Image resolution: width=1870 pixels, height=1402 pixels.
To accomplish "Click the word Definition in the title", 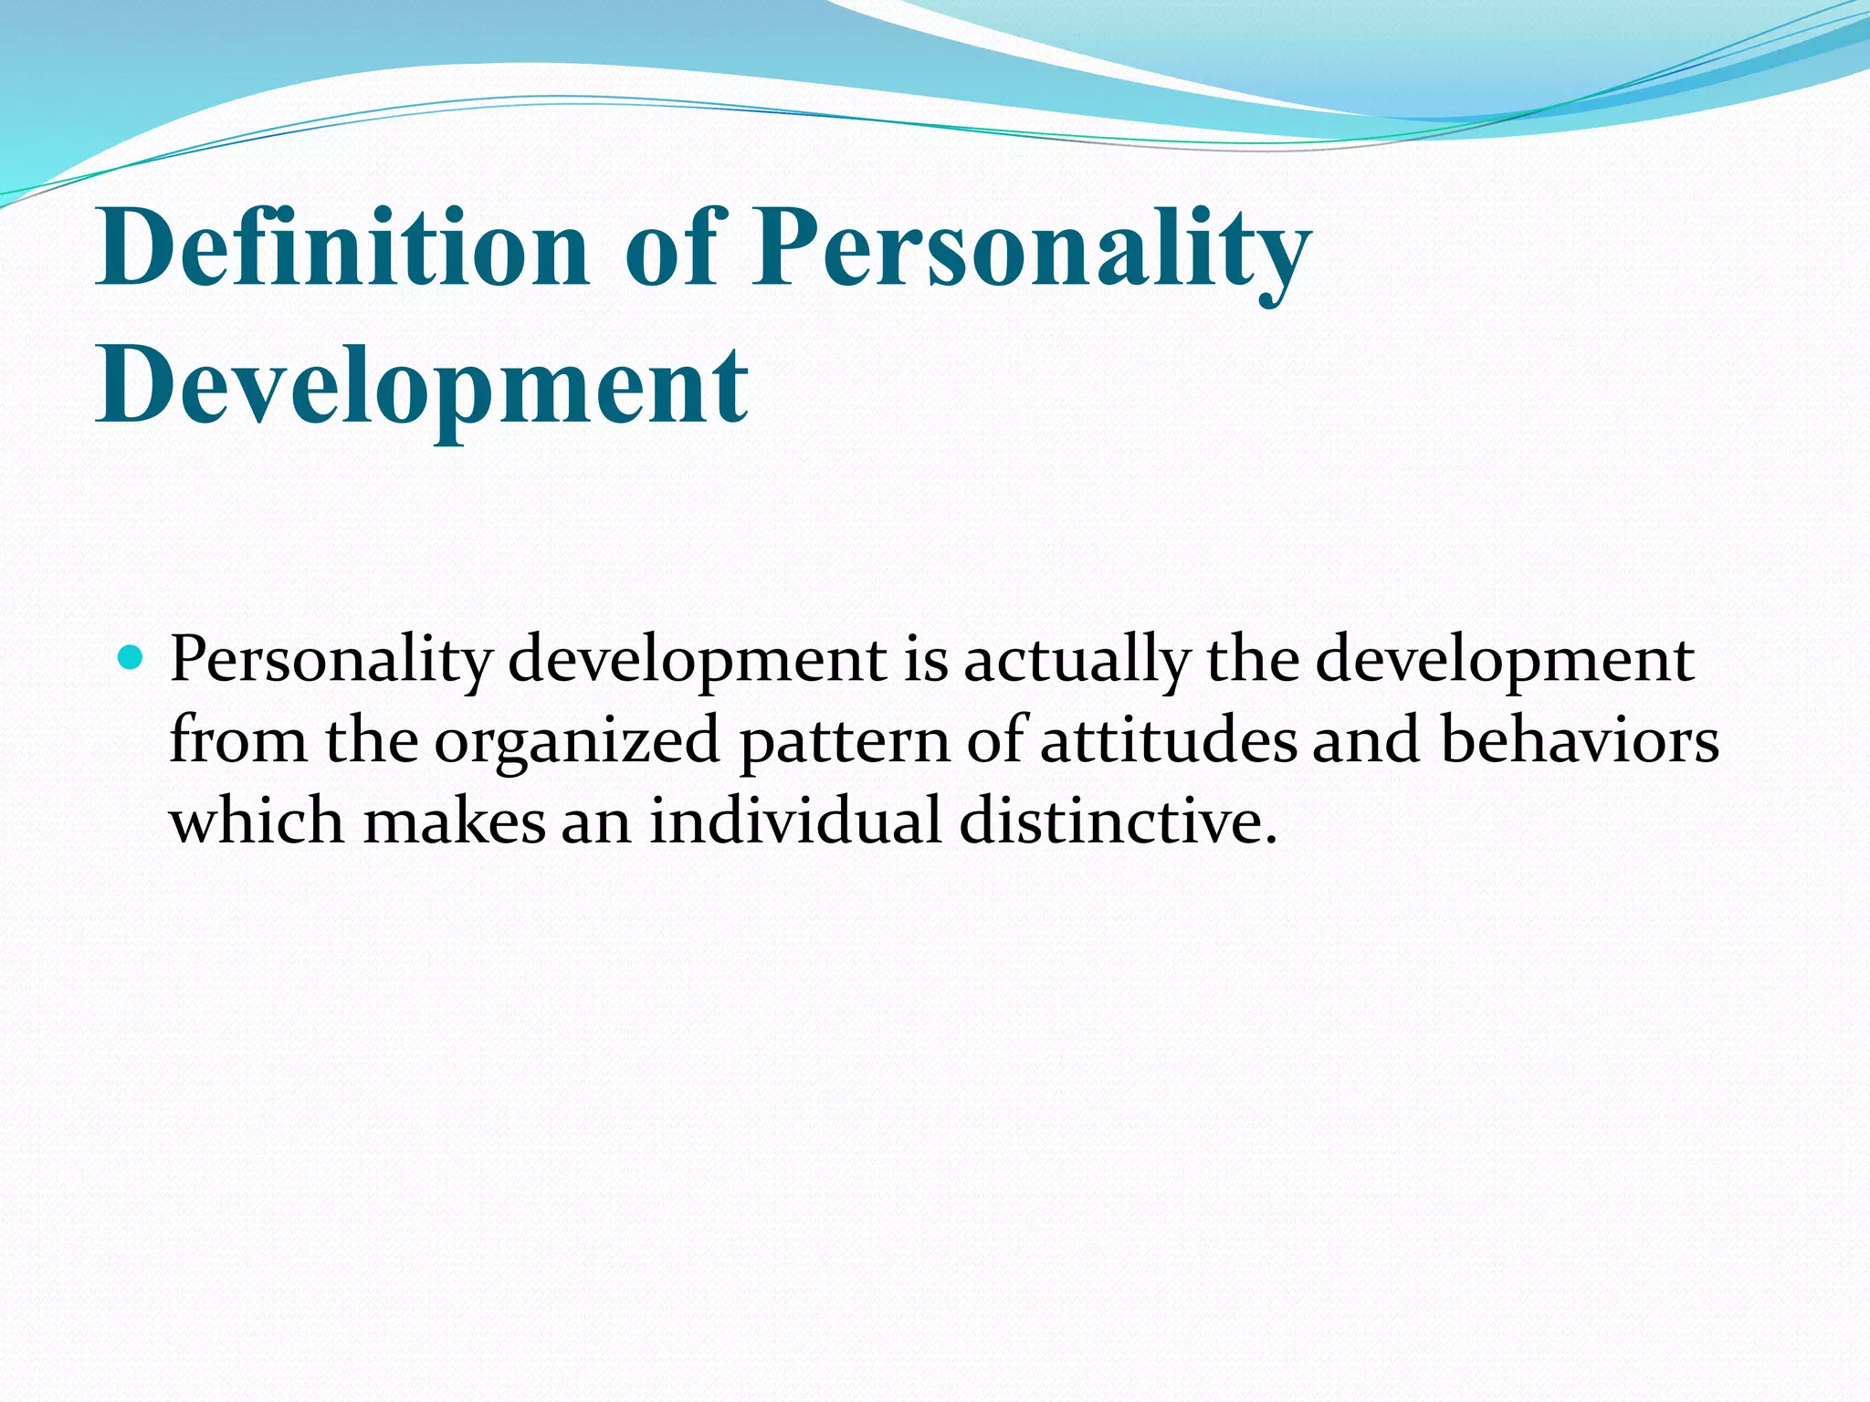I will (x=342, y=246).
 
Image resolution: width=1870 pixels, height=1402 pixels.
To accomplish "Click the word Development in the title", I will (x=422, y=385).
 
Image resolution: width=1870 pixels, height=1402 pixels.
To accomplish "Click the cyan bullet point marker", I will (x=131, y=657).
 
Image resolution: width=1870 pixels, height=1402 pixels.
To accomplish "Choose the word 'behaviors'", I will (x=1580, y=739).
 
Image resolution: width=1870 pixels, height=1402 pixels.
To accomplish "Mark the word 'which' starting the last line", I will (x=257, y=820).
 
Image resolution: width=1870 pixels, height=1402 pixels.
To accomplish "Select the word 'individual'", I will (x=794, y=820).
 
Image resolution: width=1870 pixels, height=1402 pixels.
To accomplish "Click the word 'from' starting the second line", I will (x=238, y=739).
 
